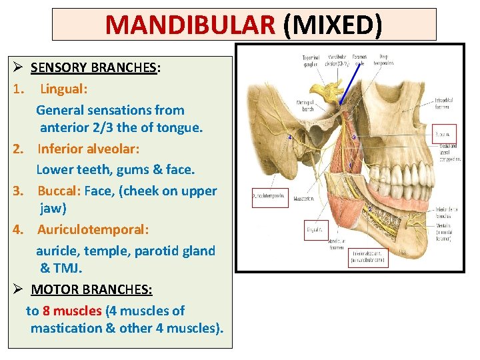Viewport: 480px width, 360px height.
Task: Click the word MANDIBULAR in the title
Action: pyautogui.click(x=190, y=25)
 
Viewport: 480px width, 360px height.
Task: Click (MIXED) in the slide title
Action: pyautogui.click(x=332, y=25)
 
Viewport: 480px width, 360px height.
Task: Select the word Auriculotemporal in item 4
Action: pyautogui.click(x=93, y=229)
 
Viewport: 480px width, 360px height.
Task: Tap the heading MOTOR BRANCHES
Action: pyautogui.click(x=91, y=290)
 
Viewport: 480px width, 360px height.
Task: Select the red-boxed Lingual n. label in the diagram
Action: pyautogui.click(x=315, y=231)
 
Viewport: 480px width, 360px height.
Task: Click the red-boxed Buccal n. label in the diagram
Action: pyautogui.click(x=444, y=133)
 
